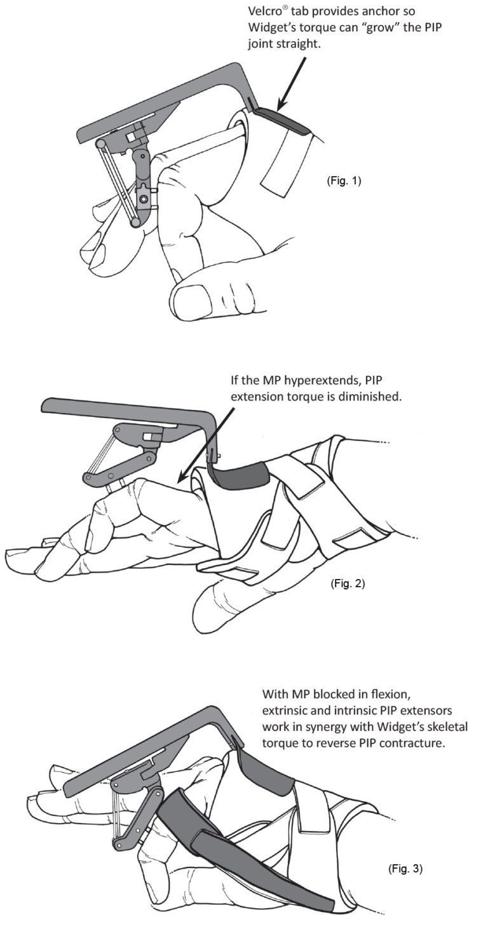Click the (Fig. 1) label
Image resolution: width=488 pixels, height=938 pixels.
(343, 180)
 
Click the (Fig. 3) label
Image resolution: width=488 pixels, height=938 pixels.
(405, 868)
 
